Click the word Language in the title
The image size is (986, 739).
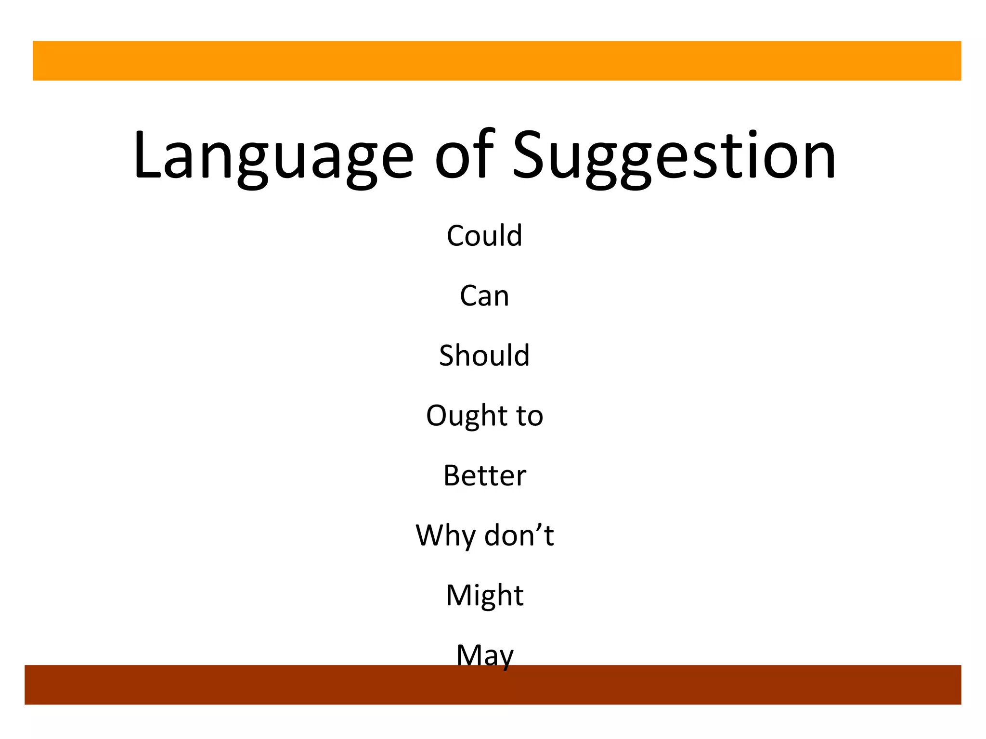[272, 156]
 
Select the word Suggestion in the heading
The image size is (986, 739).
[674, 156]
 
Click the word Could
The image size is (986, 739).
[484, 236]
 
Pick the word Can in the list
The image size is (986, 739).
[484, 295]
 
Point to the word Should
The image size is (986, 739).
[484, 356]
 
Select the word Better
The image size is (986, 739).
[484, 475]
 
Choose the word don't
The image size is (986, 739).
[519, 535]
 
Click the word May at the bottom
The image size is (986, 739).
[484, 655]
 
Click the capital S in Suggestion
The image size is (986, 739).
[531, 155]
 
